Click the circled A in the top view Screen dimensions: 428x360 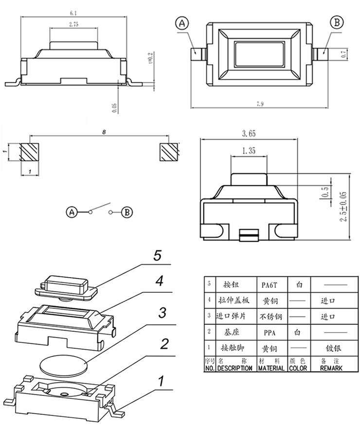click(182, 23)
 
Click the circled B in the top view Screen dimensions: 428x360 click(337, 22)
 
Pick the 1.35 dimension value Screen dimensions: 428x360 click(249, 151)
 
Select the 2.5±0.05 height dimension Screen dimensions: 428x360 click(344, 207)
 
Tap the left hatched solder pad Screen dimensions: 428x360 click(30, 152)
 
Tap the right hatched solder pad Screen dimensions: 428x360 click(169, 152)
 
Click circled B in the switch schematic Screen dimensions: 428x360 click(126, 212)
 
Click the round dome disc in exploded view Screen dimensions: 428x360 click(64, 364)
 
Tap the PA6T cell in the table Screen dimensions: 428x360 click(270, 284)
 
